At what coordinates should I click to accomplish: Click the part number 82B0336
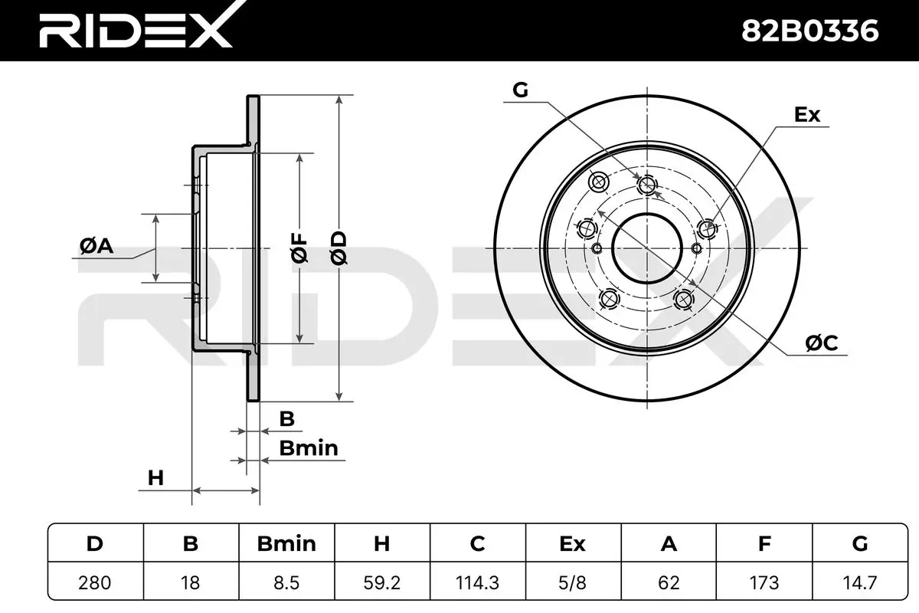click(810, 31)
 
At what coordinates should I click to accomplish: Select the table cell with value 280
click(95, 582)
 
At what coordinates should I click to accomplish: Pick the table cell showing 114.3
click(478, 582)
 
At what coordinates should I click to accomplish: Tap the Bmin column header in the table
click(286, 543)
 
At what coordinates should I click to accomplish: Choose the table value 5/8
click(573, 582)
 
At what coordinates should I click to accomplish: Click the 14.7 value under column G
click(860, 582)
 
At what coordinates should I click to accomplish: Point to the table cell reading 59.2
click(382, 582)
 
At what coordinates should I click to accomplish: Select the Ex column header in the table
click(573, 543)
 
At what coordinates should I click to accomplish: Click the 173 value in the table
click(764, 582)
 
